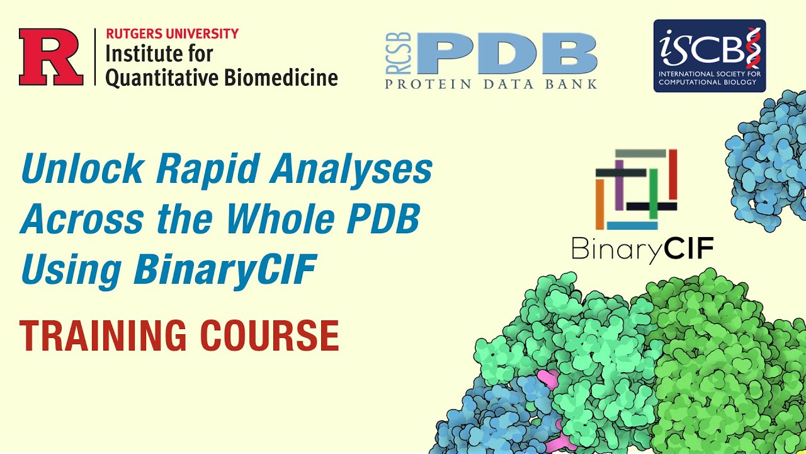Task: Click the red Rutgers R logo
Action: (x=51, y=57)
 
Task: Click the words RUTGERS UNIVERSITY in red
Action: (x=172, y=34)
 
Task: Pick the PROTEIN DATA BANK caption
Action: (x=491, y=84)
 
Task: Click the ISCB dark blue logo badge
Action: (x=709, y=55)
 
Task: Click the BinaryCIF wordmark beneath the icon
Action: (x=642, y=249)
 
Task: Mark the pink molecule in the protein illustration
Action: (x=549, y=381)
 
